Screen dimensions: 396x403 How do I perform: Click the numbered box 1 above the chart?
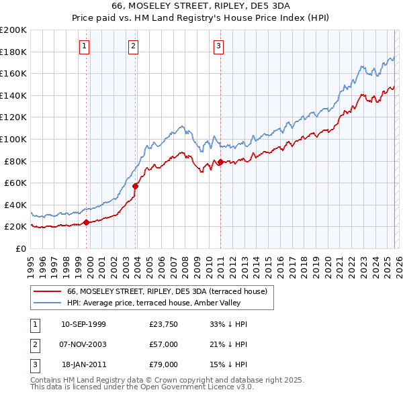click(x=84, y=46)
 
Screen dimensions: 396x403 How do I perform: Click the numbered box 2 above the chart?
click(x=134, y=46)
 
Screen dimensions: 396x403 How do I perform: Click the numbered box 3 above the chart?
click(x=219, y=46)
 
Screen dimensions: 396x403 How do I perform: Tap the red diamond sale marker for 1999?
click(x=86, y=222)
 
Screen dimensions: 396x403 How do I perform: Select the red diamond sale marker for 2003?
click(x=136, y=186)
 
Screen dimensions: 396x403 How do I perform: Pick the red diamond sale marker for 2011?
click(x=220, y=162)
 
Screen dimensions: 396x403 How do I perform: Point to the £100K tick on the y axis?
click(x=14, y=139)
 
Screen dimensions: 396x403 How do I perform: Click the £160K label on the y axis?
click(x=14, y=73)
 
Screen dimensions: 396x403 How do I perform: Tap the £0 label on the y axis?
click(x=20, y=248)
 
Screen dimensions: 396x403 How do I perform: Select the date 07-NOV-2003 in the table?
click(x=83, y=344)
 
